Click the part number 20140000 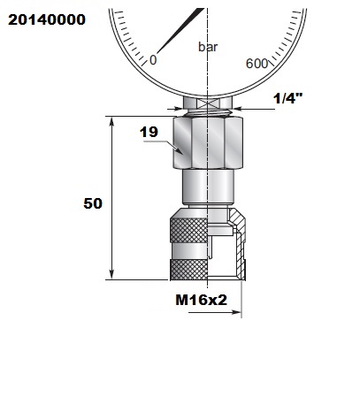[x=47, y=19]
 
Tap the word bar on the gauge [x=208, y=47]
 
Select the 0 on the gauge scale [x=153, y=60]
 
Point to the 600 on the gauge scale [x=257, y=64]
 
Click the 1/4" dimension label [x=288, y=98]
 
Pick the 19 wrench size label [x=149, y=132]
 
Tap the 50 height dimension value [x=93, y=203]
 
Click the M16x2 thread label [x=202, y=300]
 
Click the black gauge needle [x=180, y=31]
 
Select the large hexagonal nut [x=208, y=142]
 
